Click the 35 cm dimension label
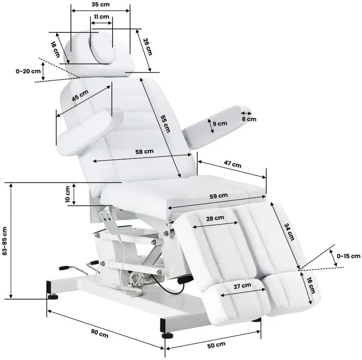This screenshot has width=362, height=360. (x=100, y=4)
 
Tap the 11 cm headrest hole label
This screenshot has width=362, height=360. (x=101, y=17)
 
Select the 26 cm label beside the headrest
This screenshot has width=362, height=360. (x=147, y=47)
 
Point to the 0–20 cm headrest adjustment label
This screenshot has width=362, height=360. (x=28, y=71)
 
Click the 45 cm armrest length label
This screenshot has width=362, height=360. (x=80, y=95)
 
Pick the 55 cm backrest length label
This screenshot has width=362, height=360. (x=165, y=124)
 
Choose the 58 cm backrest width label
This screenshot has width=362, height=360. (x=144, y=152)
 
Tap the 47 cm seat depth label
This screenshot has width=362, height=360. (x=233, y=164)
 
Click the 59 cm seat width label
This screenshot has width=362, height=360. (x=219, y=196)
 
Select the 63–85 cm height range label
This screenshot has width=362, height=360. (x=5, y=241)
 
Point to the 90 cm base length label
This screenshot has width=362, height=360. (x=100, y=333)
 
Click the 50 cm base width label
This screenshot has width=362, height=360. (x=216, y=345)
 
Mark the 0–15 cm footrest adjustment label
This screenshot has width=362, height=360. (x=349, y=256)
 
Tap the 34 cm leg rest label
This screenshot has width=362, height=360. (x=289, y=231)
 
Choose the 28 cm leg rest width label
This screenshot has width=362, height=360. (x=215, y=218)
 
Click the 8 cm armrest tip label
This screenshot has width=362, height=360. (x=249, y=119)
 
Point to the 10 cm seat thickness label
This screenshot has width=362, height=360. (x=68, y=194)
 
